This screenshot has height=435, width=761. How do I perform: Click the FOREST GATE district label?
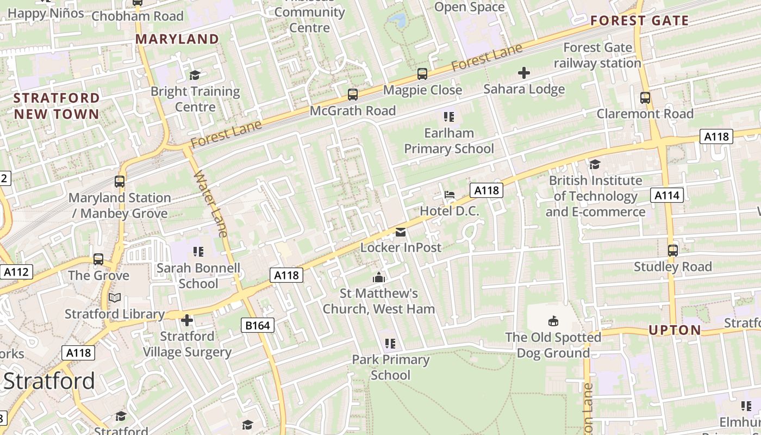coord(639,21)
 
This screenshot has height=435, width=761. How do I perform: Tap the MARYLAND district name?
coord(177,39)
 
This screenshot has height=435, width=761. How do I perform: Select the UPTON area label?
coord(675,330)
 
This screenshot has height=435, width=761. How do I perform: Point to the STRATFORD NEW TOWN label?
coord(57,106)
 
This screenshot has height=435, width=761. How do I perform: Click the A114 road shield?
coord(667,195)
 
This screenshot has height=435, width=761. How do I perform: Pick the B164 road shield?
coord(258,325)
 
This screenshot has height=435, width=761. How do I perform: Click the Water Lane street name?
coord(210,204)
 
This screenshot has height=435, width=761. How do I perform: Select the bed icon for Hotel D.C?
coord(449,195)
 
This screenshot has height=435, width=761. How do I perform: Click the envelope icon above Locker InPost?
coord(401,232)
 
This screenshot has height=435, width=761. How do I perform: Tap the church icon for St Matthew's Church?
coord(379,278)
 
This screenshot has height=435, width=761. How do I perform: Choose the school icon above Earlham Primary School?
coord(448,116)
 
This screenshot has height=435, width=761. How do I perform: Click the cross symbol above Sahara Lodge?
coord(524,73)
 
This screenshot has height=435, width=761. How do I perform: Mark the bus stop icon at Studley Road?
coord(672,251)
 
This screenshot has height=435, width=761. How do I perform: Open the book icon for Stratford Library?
coord(114,298)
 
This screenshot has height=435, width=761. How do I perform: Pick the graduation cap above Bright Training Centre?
coord(195,75)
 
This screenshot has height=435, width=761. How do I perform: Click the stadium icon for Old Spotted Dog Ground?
coord(553,321)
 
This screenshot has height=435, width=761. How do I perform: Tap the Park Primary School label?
coord(390,367)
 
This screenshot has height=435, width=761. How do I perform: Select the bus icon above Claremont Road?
coord(645,98)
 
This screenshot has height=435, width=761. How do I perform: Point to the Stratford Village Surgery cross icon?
coord(187,320)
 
